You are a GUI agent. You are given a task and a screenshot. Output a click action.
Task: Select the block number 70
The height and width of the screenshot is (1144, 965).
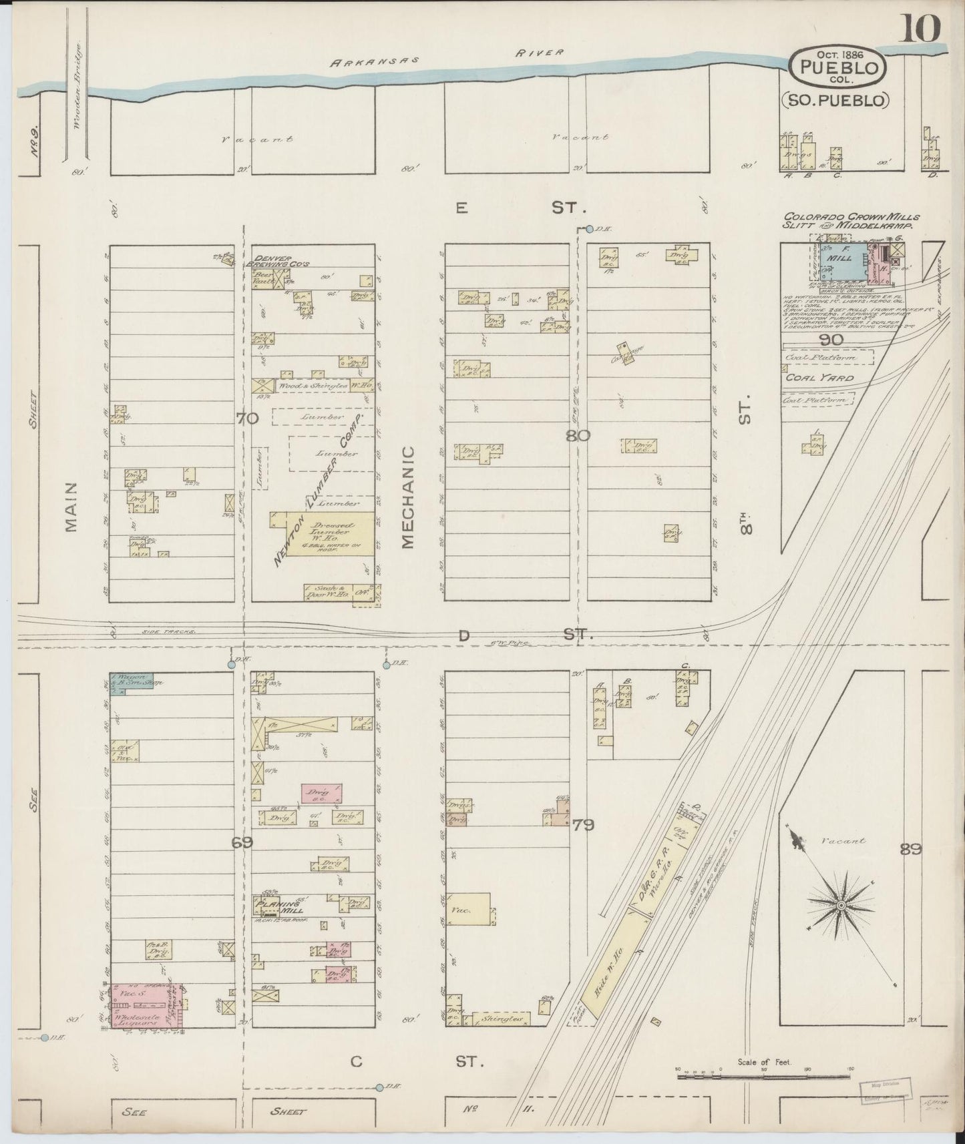point(246,418)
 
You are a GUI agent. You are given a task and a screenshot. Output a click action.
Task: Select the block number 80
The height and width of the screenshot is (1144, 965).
point(578,437)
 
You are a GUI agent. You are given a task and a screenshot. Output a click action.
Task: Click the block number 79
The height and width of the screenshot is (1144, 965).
point(582,825)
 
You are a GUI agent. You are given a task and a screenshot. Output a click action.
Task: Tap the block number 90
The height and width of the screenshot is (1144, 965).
point(833,340)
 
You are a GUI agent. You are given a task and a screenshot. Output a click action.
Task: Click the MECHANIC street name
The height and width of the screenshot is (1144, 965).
point(409,497)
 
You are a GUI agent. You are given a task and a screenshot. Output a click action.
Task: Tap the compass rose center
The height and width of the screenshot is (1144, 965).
point(841,906)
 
